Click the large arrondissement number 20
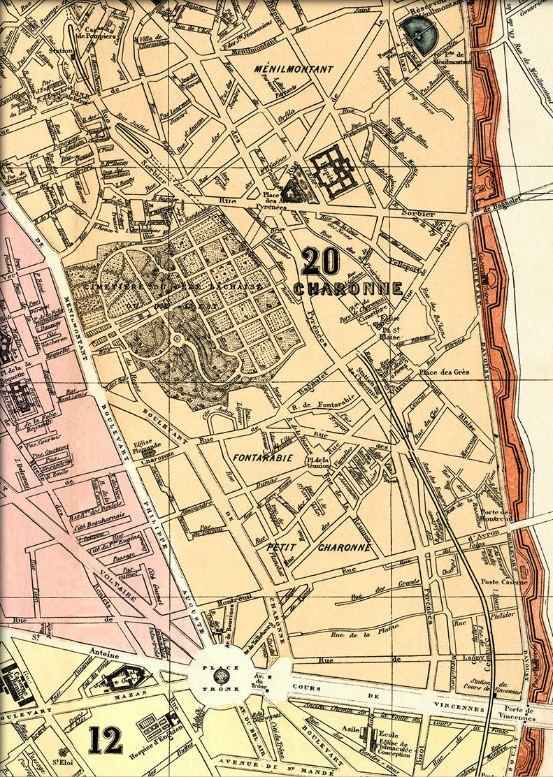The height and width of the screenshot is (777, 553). [x=321, y=262]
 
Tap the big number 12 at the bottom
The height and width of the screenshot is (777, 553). [x=106, y=740]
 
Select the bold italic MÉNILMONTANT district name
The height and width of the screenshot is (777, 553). [x=294, y=69]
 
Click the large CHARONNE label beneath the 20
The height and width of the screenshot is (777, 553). [x=348, y=289]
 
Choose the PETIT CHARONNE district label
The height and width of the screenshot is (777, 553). [x=318, y=547]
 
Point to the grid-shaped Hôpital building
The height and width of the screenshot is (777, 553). [x=333, y=171]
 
